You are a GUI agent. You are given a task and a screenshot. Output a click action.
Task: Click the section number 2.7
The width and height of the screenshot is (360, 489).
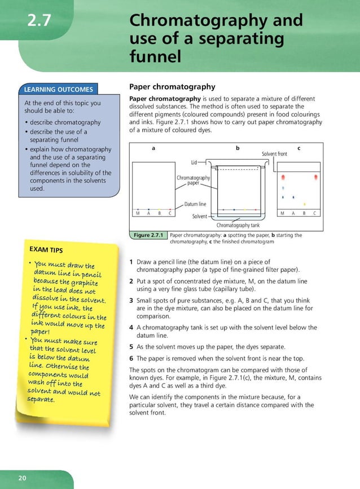(x=39, y=21)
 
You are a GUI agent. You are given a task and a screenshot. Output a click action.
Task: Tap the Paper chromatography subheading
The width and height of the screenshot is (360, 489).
(x=172, y=87)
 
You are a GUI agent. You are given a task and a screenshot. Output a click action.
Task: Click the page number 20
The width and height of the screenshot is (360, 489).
(x=22, y=478)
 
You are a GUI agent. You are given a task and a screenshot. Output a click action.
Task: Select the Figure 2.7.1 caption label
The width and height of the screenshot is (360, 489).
(x=147, y=235)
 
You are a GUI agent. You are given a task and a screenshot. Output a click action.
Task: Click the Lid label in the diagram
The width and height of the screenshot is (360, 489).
(x=194, y=162)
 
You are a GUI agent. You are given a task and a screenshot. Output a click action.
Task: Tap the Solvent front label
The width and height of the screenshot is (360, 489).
(x=274, y=154)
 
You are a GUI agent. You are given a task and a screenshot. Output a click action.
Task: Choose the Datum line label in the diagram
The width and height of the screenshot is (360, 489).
(x=195, y=204)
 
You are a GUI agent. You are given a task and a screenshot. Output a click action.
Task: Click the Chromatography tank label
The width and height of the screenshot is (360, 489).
(x=238, y=225)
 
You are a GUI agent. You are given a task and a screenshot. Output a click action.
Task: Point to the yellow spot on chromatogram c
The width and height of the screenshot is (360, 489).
(x=304, y=204)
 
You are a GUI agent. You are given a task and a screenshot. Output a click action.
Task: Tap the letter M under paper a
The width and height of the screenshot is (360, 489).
(x=138, y=213)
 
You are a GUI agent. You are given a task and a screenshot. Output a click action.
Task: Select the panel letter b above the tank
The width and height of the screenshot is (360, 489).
(x=238, y=148)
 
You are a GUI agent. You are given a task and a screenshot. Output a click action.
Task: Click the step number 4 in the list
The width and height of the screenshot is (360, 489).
(x=131, y=327)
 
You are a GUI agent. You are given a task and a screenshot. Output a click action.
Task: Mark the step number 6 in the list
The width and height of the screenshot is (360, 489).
(x=131, y=358)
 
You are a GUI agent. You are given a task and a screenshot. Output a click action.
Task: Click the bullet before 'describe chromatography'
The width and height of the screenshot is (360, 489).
(x=26, y=122)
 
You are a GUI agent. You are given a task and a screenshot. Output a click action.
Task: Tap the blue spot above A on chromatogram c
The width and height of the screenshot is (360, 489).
(x=293, y=197)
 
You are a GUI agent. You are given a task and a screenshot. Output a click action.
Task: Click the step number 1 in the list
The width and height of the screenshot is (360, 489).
(x=131, y=262)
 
